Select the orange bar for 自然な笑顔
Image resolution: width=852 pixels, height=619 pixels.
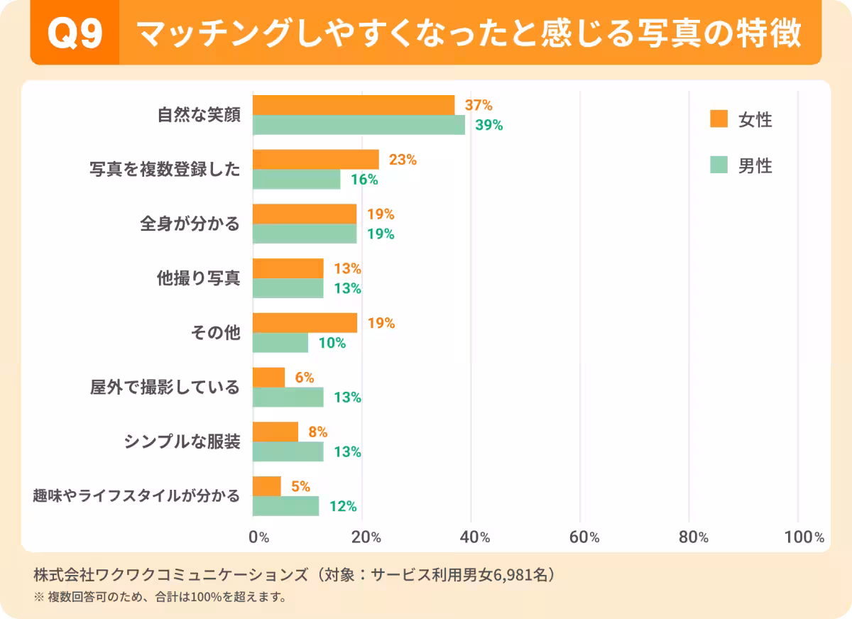pyautogui.click(x=354, y=105)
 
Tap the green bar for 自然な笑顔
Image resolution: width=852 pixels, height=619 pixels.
pyautogui.click(x=359, y=125)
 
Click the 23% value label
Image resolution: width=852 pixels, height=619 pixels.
pyautogui.click(x=403, y=160)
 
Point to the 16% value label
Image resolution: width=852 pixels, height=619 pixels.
pyautogui.click(x=364, y=180)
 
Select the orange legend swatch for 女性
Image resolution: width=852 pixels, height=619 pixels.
pyautogui.click(x=719, y=120)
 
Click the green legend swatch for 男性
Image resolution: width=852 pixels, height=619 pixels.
pyautogui.click(x=719, y=165)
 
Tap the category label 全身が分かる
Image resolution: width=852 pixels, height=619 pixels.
pyautogui.click(x=190, y=224)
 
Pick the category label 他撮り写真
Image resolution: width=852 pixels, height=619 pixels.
pyautogui.click(x=198, y=278)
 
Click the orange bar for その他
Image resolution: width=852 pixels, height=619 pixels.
pyautogui.click(x=305, y=323)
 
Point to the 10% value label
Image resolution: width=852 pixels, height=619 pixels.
pyautogui.click(x=332, y=343)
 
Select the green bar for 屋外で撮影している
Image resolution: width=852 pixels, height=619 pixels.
pyautogui.click(x=288, y=398)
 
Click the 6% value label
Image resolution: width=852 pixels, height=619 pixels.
pyautogui.click(x=305, y=378)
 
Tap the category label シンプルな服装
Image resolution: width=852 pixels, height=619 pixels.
pyautogui.click(x=182, y=442)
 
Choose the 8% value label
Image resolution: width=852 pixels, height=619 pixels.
pyautogui.click(x=317, y=432)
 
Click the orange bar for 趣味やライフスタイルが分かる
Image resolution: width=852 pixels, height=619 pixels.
pyautogui.click(x=267, y=486)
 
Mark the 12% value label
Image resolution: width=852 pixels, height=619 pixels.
pyautogui.click(x=342, y=506)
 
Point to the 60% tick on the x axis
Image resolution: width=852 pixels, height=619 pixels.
pyautogui.click(x=584, y=537)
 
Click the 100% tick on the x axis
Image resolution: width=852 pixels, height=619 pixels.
pyautogui.click(x=804, y=537)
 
